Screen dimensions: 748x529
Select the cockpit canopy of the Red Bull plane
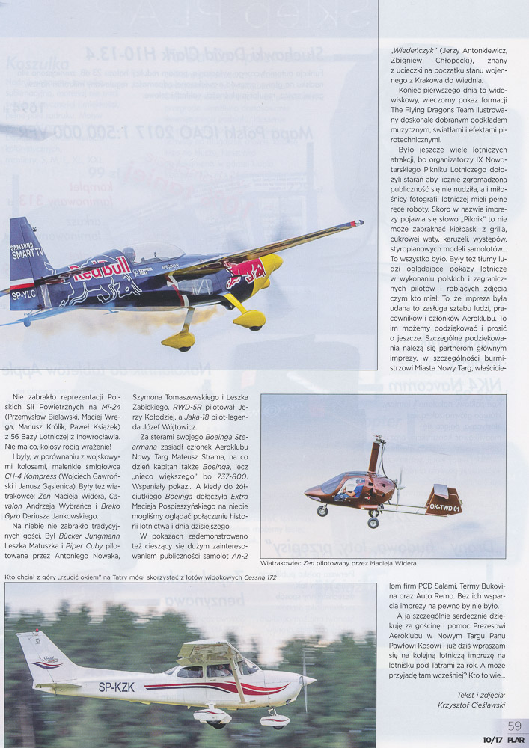[x=153, y=252]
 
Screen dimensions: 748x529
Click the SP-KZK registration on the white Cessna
[x=117, y=687]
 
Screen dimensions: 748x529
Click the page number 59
[x=514, y=726]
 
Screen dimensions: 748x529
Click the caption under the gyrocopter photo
[x=338, y=563]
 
